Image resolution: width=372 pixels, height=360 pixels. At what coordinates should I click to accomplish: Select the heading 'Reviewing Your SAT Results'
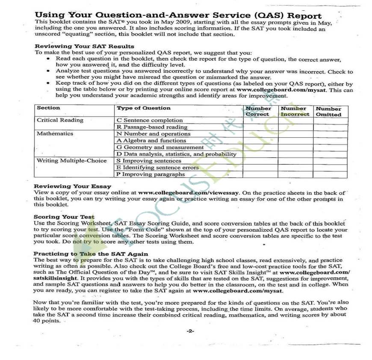point(84,46)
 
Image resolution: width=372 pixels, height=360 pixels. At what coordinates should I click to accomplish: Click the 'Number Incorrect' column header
point(295,111)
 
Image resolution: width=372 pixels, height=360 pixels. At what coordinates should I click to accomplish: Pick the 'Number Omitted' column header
point(328,112)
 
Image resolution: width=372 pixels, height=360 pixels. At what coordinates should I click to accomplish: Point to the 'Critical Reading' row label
point(60,120)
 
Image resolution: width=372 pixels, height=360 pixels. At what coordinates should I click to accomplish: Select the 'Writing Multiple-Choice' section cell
point(71,161)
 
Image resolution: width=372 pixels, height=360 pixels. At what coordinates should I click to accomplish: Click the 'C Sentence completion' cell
point(150,121)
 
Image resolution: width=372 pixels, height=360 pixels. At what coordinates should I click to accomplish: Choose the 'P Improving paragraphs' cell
point(151,174)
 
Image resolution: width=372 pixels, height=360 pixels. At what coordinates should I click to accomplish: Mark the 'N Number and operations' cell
point(154,134)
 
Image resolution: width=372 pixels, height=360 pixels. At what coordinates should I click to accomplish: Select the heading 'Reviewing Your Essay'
point(72,186)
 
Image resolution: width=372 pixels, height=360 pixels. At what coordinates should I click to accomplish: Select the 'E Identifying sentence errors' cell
point(157,168)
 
